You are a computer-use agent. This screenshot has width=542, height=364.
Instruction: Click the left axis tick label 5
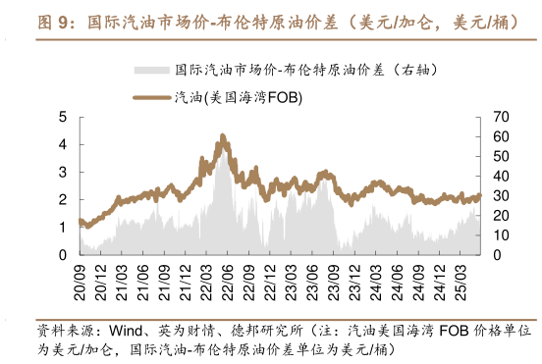click(63, 117)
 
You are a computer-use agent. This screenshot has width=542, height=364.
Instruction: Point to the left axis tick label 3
click(63, 172)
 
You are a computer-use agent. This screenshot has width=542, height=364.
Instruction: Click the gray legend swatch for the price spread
click(152, 70)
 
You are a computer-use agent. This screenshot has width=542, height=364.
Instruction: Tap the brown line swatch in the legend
click(152, 97)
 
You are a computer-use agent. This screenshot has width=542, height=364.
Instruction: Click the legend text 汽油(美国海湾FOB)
click(239, 97)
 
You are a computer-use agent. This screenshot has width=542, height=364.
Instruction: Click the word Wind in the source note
click(127, 330)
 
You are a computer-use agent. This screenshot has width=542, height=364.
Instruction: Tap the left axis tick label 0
click(63, 255)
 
